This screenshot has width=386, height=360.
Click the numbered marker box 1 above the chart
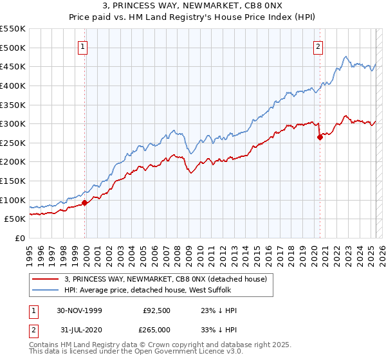click(x=84, y=46)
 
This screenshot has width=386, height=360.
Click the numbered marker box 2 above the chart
click(x=318, y=46)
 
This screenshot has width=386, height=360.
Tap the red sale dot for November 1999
click(x=85, y=203)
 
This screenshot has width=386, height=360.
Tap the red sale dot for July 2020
click(x=320, y=137)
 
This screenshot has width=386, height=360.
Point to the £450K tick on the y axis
click(x=13, y=66)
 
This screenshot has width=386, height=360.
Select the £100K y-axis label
click(x=13, y=200)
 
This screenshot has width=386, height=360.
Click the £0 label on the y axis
click(x=19, y=238)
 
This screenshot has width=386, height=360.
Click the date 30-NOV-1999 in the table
click(x=79, y=310)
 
